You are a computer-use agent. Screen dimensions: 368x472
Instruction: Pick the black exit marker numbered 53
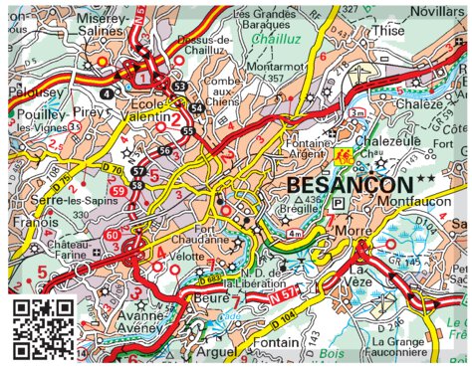[x=179, y=88]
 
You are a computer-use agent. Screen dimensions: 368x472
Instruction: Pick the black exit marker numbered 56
[x=165, y=150]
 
